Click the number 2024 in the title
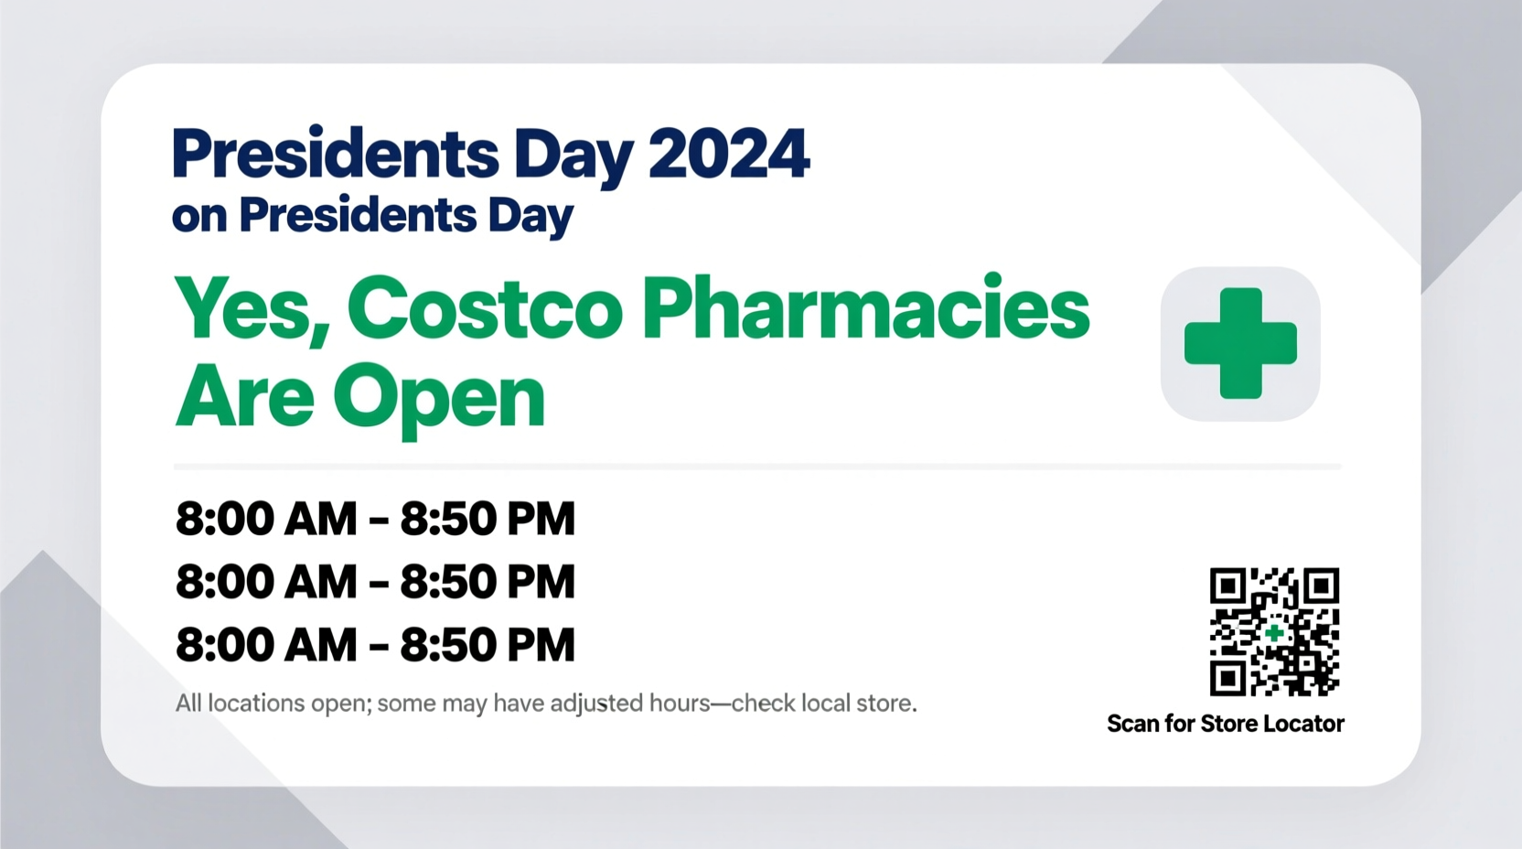pos(729,154)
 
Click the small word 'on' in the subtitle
pos(198,217)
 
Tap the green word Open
pos(439,398)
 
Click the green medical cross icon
pos(1240,344)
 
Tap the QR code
pos(1274,631)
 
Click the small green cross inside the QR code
pos(1274,632)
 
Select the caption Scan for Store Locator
pos(1225,724)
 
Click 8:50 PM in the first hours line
pos(488,519)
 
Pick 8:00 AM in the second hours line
pos(266,582)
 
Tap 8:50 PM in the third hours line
pos(488,645)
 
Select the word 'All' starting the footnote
pos(188,704)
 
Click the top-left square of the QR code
pos(1227,586)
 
